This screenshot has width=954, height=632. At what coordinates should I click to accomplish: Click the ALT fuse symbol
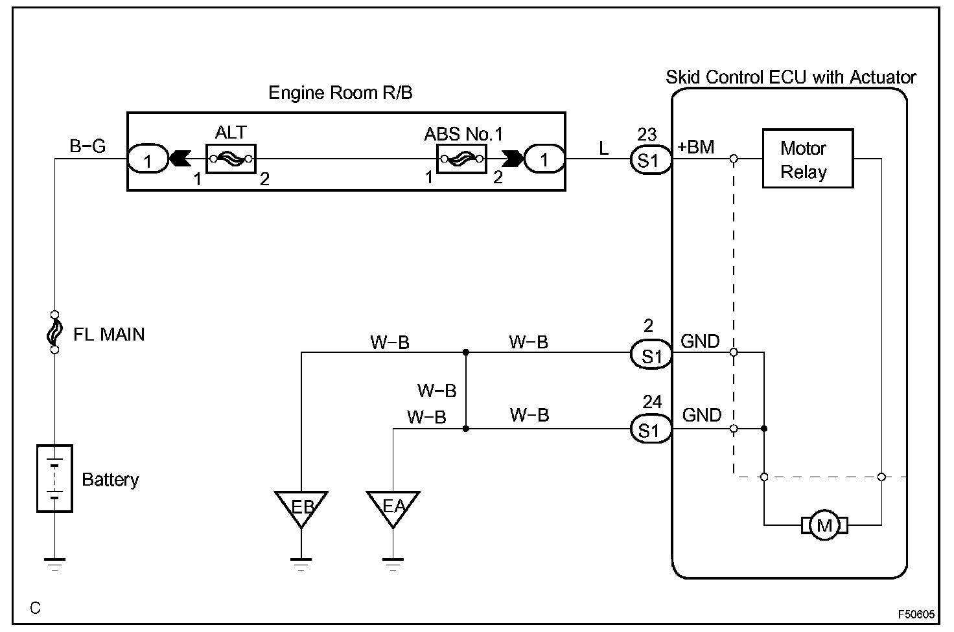[x=231, y=159]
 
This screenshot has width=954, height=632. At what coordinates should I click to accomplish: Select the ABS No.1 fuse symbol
[x=461, y=159]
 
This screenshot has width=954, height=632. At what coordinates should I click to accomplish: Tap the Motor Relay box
[x=808, y=158]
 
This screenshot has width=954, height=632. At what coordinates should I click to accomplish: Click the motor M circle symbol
[x=824, y=525]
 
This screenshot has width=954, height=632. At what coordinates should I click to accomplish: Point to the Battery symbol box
[x=54, y=479]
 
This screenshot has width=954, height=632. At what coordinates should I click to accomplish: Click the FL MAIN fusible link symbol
[x=54, y=332]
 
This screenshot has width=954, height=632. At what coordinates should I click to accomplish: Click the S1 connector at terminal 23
[x=650, y=160]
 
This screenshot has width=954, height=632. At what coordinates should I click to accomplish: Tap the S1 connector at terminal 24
[x=650, y=430]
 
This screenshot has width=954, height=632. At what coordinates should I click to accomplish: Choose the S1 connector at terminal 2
[x=650, y=354]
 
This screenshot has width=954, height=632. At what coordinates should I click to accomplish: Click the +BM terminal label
[x=695, y=147]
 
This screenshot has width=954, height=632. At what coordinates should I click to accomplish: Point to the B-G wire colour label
[x=87, y=146]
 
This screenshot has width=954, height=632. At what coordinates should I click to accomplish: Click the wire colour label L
[x=603, y=148]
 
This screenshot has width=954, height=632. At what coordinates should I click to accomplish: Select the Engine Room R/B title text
[x=340, y=93]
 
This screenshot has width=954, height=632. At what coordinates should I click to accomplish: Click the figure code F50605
[x=916, y=614]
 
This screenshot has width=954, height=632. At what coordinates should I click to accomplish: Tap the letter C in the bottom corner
[x=36, y=608]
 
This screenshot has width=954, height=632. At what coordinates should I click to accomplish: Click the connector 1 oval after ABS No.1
[x=544, y=159]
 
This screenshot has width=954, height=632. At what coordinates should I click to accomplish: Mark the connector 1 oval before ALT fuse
[x=148, y=159]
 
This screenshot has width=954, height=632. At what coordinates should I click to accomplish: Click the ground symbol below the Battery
[x=54, y=564]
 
